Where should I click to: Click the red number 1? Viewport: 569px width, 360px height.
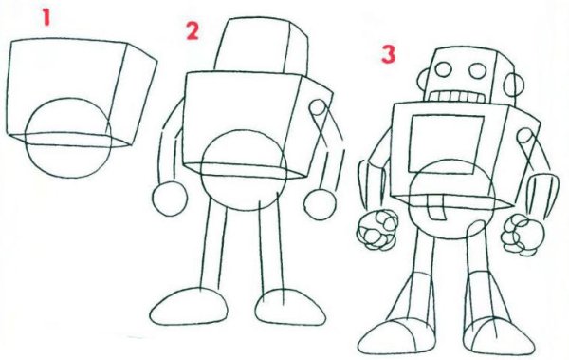[46, 17]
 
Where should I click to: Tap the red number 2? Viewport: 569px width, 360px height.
[193, 30]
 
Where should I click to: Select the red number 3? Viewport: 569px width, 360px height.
[388, 54]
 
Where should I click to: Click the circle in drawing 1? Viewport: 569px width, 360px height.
[26, 138]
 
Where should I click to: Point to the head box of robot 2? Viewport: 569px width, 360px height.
[262, 47]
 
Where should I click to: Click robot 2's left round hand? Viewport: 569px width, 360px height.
[170, 199]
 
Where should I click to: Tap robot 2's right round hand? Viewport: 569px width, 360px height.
[320, 204]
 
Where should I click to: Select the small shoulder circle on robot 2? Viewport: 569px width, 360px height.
[318, 107]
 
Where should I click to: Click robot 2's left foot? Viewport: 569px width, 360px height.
[189, 307]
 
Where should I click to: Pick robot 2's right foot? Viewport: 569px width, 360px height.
[290, 307]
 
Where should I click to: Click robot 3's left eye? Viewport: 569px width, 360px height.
[443, 69]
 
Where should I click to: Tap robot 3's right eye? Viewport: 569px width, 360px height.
[478, 71]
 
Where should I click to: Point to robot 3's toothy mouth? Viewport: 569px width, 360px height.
[457, 97]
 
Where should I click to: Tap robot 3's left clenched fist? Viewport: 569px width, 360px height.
[377, 230]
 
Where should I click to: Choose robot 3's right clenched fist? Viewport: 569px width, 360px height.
[523, 235]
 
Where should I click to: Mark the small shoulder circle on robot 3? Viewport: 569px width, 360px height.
[524, 136]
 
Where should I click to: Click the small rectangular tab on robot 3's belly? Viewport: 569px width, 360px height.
[436, 207]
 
